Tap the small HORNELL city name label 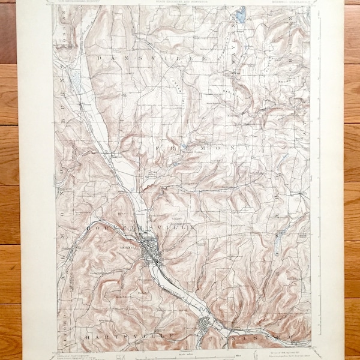coord(127,246)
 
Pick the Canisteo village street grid coord(205,327)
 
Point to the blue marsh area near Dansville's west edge coord(75,78)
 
